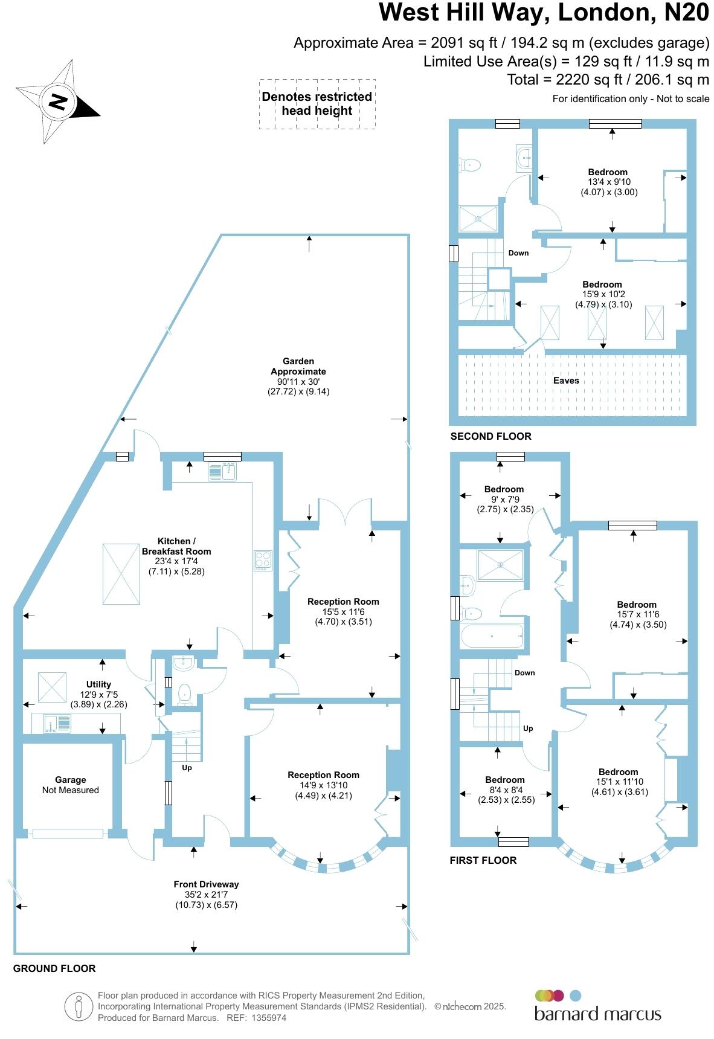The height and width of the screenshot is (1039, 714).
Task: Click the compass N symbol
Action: coord(58,101)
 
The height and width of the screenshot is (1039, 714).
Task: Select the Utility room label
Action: coord(99,684)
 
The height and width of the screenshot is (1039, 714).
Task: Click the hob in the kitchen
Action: coord(263,561)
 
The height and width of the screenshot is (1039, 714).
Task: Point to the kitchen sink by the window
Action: coord(222,471)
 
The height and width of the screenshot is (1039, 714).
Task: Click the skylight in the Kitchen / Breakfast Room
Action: coord(121,574)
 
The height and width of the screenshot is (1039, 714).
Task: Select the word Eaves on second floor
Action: coord(566,381)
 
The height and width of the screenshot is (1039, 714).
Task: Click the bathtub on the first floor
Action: coord(492,635)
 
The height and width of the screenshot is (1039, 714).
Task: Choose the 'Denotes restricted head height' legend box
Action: coord(317,104)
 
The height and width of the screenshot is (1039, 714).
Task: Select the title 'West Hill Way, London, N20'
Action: coord(544,13)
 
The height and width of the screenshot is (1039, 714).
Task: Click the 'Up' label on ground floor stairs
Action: coord(187,768)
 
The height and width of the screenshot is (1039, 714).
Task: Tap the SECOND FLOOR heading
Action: coord(490,436)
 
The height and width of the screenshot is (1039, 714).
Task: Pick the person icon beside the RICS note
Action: coord(79,1007)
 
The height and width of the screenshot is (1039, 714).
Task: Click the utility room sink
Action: coord(56,723)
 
